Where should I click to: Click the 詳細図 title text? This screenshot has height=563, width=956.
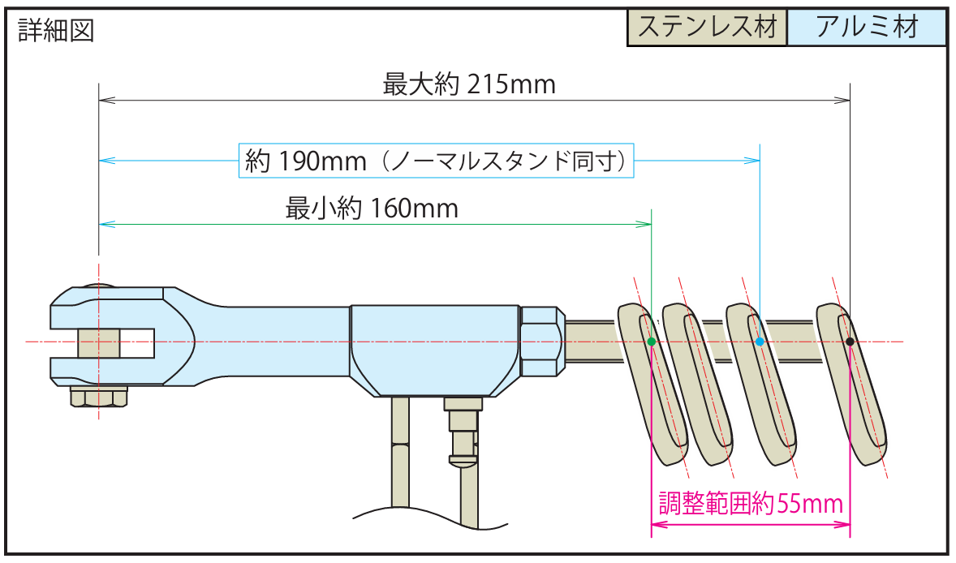56,30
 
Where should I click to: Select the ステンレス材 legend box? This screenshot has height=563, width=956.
707,28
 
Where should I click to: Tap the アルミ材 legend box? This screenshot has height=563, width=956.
867,28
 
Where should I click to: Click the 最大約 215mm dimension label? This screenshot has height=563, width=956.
469,84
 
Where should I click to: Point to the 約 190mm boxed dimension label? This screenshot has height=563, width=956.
436,161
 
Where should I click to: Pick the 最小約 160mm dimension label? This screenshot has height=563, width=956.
372,208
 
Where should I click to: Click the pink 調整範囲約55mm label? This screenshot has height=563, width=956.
751,504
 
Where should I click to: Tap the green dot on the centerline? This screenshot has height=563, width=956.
651,342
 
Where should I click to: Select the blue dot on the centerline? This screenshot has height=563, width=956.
759,342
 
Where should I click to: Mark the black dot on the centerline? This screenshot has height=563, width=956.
850,342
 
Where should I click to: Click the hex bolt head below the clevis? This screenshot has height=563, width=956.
99,397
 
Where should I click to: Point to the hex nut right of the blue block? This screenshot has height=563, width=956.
542,342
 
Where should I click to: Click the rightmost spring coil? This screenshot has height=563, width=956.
852,384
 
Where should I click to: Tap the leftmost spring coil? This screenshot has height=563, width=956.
653,384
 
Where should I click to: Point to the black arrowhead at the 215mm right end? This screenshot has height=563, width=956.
842,99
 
